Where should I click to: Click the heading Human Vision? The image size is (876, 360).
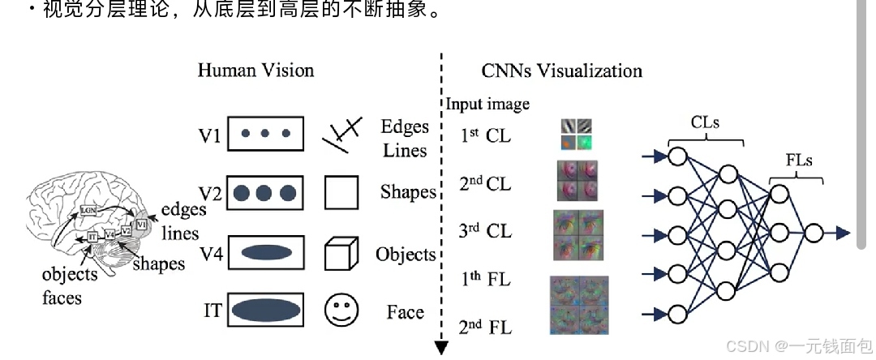255,71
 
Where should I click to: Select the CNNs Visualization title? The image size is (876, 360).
561,71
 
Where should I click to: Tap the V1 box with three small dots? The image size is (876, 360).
266,135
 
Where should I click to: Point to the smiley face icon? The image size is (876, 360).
341,310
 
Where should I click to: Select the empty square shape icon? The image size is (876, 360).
341,194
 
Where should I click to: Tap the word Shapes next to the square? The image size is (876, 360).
408,193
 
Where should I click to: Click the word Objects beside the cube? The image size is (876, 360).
406,255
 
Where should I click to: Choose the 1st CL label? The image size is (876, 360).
486,135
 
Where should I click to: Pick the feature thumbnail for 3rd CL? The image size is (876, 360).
578,235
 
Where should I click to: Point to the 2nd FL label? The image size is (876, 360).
485,328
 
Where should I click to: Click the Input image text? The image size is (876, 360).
487,104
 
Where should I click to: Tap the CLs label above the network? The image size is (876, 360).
705,123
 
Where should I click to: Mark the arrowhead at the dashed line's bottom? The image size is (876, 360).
441,349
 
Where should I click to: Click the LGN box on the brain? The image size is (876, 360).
89,210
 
